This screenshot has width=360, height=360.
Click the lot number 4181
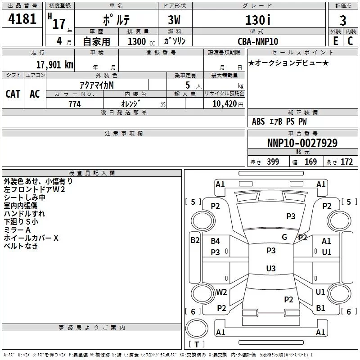(x=22, y=20)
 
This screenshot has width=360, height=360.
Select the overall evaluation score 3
(x=343, y=21)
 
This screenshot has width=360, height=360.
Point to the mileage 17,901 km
(x=54, y=64)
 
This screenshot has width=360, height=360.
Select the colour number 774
(x=75, y=104)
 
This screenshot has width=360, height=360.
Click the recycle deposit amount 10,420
(x=223, y=104)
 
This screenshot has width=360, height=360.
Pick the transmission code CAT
(x=13, y=94)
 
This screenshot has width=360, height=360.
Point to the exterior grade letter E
(x=335, y=41)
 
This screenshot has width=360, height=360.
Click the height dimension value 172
(x=347, y=162)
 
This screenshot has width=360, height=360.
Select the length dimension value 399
(x=273, y=162)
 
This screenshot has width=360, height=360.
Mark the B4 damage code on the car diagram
(x=216, y=242)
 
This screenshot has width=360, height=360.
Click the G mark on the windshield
(x=284, y=237)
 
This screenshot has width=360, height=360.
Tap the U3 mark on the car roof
(x=270, y=269)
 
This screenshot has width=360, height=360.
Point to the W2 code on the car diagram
(x=221, y=292)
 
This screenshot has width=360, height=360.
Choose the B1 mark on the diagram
(x=320, y=308)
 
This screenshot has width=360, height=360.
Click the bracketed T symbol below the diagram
(x=197, y=344)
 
